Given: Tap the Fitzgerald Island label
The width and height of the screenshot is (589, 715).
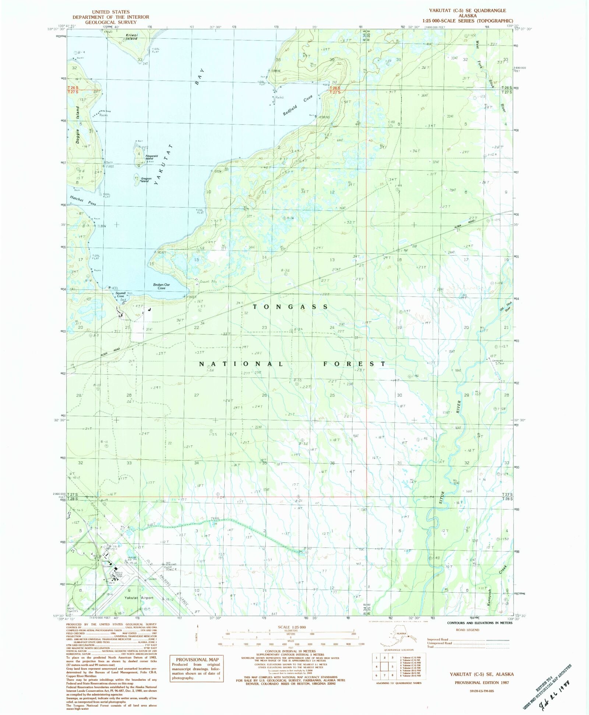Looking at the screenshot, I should click(151, 157).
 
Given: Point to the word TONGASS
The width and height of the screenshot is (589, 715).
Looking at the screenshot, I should click(290, 306).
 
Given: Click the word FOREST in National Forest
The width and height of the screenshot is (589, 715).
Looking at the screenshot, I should click(354, 364).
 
